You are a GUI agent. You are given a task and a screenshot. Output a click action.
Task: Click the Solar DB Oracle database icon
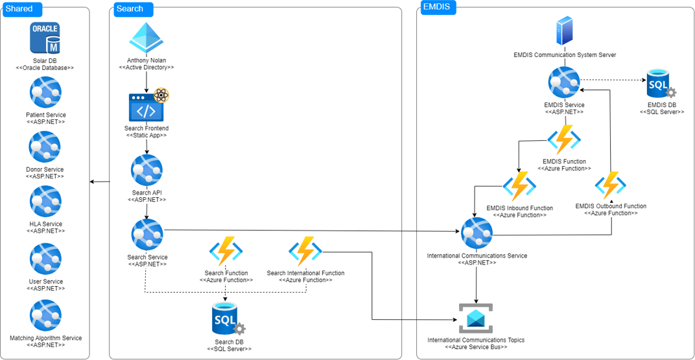[45, 38]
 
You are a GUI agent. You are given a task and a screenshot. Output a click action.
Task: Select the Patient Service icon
[45, 93]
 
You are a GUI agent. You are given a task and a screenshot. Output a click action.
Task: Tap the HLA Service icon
[45, 202]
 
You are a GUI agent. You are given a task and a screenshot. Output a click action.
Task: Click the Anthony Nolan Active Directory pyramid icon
[147, 38]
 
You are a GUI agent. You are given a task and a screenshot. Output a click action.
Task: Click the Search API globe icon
[147, 171]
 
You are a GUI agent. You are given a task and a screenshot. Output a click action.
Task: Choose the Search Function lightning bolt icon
[226, 252]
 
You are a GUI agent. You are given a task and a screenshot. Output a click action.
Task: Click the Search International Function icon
[305, 252]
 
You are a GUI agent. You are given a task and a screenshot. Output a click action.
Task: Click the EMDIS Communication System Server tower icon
[565, 31]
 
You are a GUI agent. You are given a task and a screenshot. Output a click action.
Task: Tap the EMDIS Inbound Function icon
[519, 187]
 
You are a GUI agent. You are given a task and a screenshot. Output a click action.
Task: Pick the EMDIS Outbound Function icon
[611, 186]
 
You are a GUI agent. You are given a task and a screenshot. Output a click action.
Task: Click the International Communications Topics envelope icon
[476, 318]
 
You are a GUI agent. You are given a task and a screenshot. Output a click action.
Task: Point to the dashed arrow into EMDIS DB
[613, 81]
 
